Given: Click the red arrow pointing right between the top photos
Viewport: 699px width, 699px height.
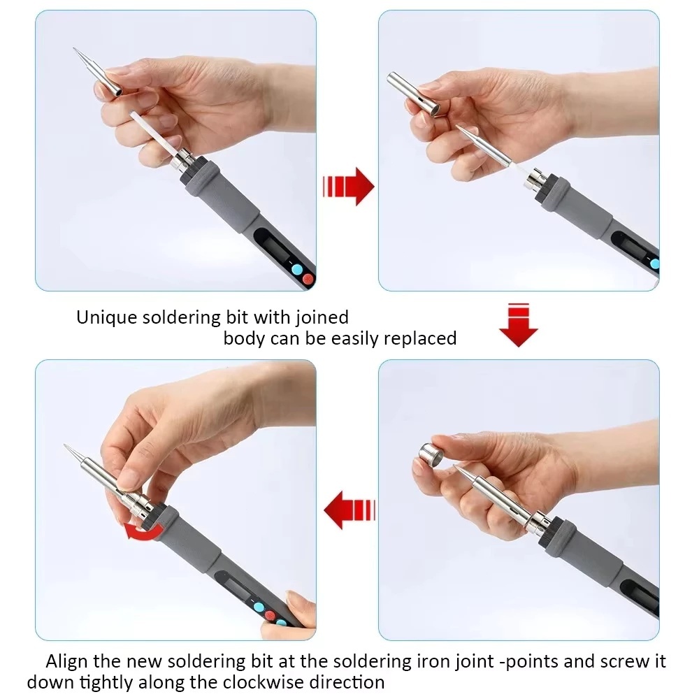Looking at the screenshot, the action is (x=348, y=187).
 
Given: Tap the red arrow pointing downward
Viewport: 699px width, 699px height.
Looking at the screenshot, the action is (x=519, y=326).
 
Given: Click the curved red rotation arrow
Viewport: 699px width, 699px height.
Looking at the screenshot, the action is (x=143, y=531).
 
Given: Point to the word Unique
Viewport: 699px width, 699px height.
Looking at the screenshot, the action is (x=106, y=317).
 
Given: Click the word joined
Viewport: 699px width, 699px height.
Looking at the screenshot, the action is (x=322, y=317).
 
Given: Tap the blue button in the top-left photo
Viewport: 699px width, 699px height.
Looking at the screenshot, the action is (x=296, y=269).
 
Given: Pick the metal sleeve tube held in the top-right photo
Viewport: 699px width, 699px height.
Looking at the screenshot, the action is (x=413, y=94).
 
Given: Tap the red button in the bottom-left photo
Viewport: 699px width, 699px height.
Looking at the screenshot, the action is (x=270, y=616).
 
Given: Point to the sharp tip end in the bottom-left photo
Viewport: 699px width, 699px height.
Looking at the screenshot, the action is (x=65, y=446).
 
